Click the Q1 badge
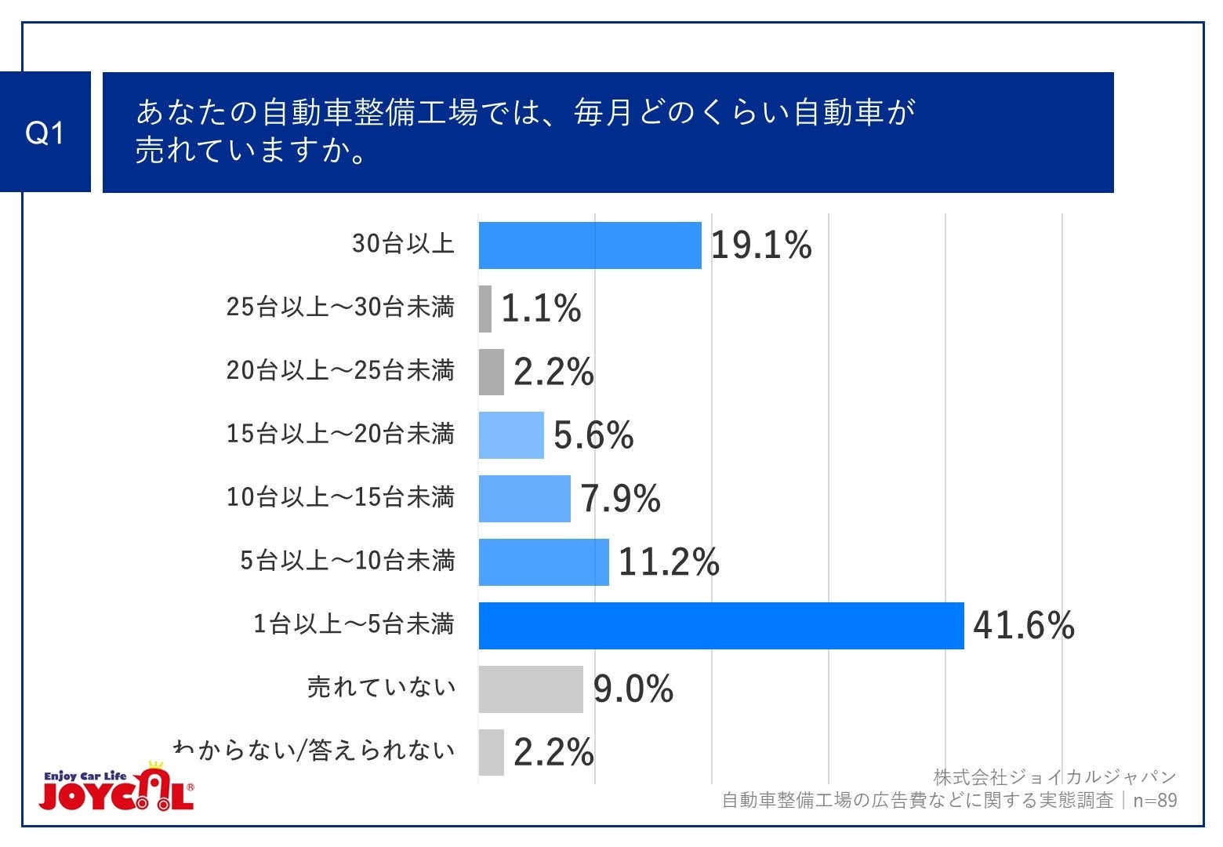(45, 133)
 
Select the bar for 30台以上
(590, 245)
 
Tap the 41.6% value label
(1023, 626)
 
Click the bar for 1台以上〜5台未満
(721, 626)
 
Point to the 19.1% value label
(760, 245)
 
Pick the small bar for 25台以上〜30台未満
(485, 309)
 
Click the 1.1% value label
(541, 309)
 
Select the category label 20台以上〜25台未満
(340, 370)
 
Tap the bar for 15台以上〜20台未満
(511, 435)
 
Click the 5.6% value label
(593, 435)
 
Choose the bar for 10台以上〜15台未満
(524, 499)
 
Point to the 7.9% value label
(620, 499)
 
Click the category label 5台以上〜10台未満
(347, 561)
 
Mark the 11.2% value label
(669, 562)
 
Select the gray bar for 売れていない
(531, 689)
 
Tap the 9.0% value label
(633, 689)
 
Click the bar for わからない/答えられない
(492, 753)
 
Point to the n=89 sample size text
(1155, 801)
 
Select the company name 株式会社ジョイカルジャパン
(1054, 777)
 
